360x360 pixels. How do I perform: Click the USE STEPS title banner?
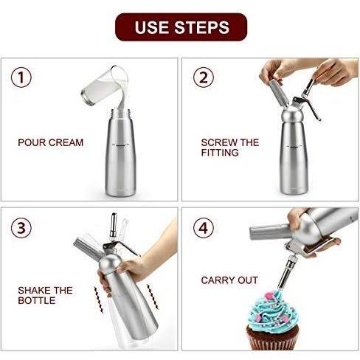point(181,27)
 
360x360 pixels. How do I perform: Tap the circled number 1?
point(21,77)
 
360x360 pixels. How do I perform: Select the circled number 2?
point(204,77)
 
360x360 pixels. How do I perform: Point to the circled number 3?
point(21,228)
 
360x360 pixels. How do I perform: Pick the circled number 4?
point(204,228)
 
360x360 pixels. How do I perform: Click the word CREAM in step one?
point(66,142)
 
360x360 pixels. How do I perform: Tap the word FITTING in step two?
point(220,153)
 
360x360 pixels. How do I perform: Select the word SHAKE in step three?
point(34,291)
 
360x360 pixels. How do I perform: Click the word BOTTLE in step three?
point(37,300)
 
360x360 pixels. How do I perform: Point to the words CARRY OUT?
point(229,280)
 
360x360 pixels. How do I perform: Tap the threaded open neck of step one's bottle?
point(120,114)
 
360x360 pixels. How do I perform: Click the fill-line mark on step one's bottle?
point(120,145)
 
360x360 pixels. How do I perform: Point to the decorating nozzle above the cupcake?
point(286,273)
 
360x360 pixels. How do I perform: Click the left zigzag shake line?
point(99,300)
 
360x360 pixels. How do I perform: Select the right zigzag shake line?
point(153,297)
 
